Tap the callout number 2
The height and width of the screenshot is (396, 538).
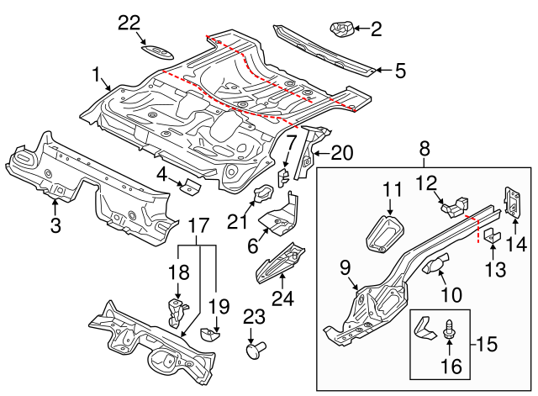(x=376, y=31)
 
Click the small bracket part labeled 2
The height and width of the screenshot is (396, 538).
(x=341, y=30)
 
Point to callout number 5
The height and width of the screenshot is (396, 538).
(x=400, y=71)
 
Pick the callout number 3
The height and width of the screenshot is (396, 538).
(x=55, y=224)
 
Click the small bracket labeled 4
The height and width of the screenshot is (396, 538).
(x=190, y=186)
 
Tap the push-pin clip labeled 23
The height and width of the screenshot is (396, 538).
(x=253, y=349)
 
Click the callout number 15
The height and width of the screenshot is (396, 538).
(x=483, y=343)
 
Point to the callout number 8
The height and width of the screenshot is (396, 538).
(x=425, y=150)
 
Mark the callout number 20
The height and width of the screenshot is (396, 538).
(x=342, y=152)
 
